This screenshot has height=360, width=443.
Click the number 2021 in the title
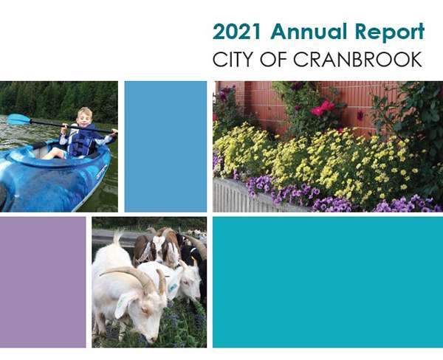237,31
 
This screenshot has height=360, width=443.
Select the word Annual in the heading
308,31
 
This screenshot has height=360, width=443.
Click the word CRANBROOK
357,59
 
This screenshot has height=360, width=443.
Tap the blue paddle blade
18,120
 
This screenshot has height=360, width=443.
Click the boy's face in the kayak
85,117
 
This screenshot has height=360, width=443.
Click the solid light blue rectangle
165,147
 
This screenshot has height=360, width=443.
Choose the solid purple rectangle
43,282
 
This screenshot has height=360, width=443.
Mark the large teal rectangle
328,282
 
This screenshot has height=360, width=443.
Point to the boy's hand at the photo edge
114,131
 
